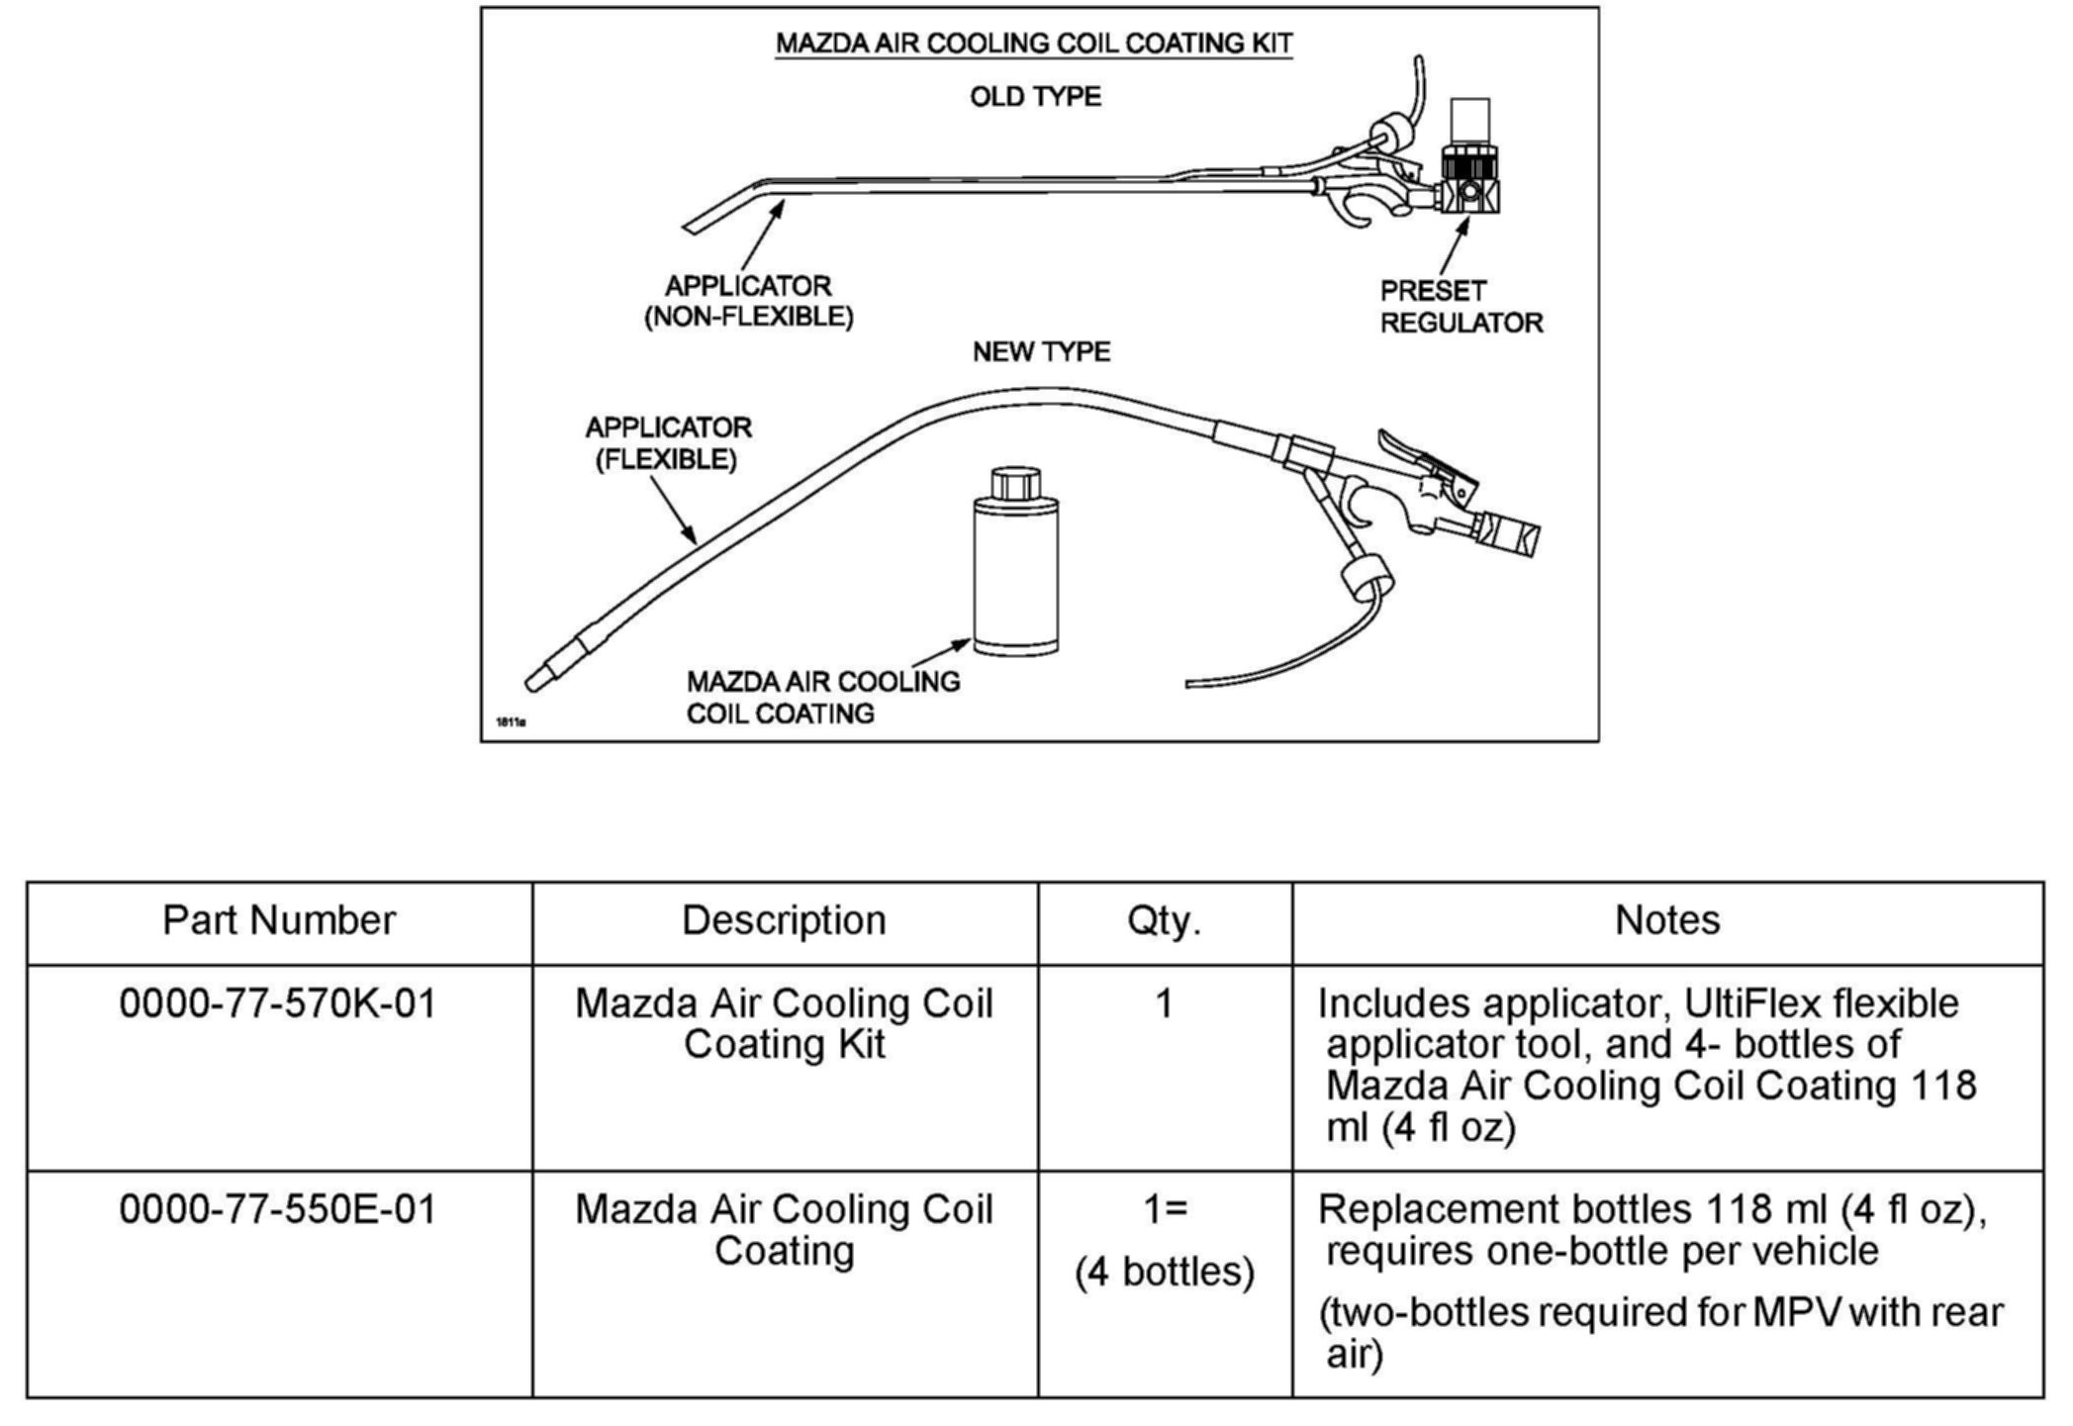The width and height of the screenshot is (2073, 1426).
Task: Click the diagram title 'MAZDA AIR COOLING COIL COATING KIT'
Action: click(x=1033, y=44)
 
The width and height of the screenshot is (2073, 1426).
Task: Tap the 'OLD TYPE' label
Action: click(x=1035, y=97)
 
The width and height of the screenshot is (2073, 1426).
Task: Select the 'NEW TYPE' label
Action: click(x=1041, y=352)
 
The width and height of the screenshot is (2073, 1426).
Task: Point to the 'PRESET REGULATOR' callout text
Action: click(x=1460, y=307)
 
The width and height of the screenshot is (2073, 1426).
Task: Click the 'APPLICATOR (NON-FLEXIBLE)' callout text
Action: click(x=748, y=302)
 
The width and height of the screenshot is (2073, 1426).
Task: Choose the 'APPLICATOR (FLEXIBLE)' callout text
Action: click(x=668, y=443)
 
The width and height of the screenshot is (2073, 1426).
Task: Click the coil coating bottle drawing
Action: click(x=1015, y=574)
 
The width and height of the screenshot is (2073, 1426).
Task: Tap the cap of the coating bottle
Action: click(x=1015, y=484)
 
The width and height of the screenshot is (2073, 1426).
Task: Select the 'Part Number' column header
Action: click(x=279, y=920)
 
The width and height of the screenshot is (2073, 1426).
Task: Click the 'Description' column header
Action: click(x=784, y=920)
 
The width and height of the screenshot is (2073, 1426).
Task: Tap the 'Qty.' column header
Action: click(x=1164, y=920)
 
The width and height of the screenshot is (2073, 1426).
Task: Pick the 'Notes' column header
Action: click(x=1667, y=920)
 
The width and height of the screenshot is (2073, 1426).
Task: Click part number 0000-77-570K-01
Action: click(x=278, y=1003)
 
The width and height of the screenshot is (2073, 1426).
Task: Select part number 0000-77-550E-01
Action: click(x=278, y=1209)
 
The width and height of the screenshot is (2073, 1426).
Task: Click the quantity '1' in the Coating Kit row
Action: click(x=1164, y=1003)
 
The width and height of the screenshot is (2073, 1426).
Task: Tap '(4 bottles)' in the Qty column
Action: click(x=1165, y=1272)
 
